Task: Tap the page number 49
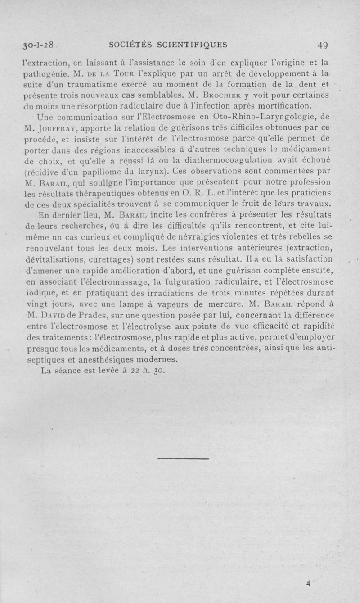click(x=322, y=44)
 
